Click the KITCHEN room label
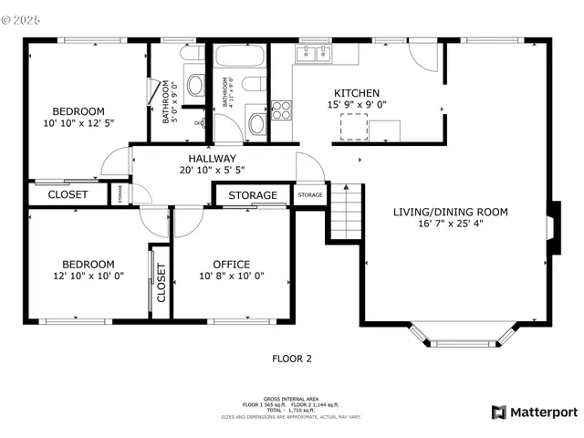(357, 93)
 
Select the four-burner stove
(281, 111)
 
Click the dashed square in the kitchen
(354, 128)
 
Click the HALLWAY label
(212, 158)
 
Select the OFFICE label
(232, 265)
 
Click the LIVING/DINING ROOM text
(450, 212)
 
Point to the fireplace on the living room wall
(551, 225)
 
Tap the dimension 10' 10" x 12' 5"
(78, 122)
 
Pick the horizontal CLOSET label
(68, 194)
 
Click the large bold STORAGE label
(253, 195)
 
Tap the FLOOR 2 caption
(292, 359)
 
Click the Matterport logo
(535, 412)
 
